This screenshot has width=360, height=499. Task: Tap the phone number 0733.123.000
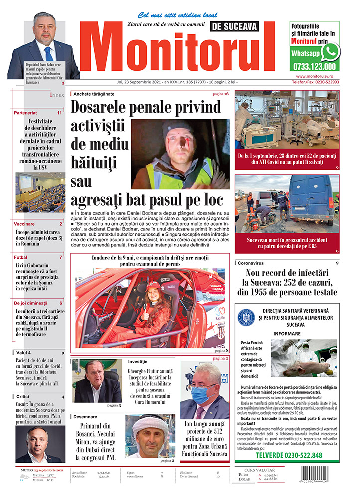pos(313,66)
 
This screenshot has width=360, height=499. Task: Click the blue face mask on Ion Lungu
pos(202,394)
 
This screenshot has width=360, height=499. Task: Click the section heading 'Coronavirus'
pos(253,263)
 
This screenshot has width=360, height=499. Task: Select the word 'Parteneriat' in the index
pos(26,113)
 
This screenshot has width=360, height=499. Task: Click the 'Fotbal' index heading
pos(21,257)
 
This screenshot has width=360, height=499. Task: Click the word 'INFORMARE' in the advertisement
pos(286,333)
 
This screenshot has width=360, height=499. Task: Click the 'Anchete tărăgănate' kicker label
pos(94,94)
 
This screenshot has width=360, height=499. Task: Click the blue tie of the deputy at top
pos(48,53)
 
